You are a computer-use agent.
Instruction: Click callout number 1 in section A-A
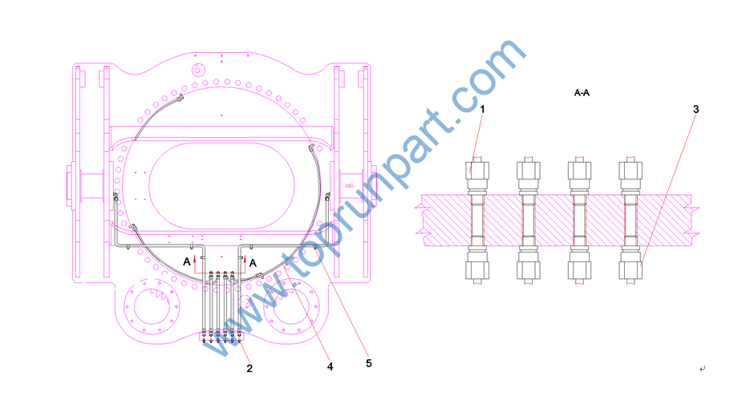pos(482,109)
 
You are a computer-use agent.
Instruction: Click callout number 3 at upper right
pos(696,109)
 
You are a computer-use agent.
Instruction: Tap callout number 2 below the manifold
pos(249,368)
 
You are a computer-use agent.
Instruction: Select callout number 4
pos(330,367)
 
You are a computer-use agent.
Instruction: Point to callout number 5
pos(369,363)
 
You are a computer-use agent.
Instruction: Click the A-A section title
pos(582,93)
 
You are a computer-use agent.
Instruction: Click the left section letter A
pos(187,261)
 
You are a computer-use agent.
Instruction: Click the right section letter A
pos(253,263)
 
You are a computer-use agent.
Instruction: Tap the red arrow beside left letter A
pos(195,262)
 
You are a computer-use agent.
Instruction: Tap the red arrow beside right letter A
pos(245,263)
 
